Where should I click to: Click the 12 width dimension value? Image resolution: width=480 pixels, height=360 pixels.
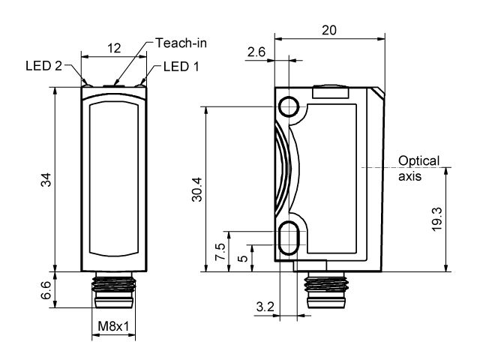coord(114,48)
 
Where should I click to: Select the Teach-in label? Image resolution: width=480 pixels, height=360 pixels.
coord(181,43)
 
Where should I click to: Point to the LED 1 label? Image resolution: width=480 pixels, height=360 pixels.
coord(180,67)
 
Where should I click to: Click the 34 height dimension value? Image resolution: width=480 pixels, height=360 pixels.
coord(46,179)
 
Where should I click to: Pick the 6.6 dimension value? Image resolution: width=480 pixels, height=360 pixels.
coord(46,289)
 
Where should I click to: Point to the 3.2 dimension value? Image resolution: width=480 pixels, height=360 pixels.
coord(264,307)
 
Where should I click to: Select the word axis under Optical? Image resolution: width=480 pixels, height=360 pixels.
coord(409,177)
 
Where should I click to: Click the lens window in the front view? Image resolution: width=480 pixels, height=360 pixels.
coord(113,178)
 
